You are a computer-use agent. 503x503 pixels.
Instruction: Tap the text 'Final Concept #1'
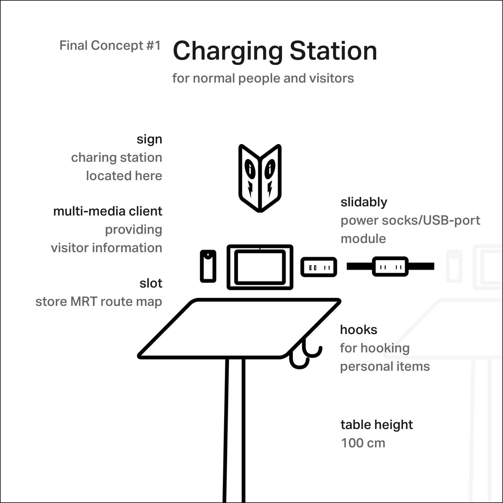pos(110,46)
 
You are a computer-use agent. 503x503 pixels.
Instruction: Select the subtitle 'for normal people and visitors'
pos(263,79)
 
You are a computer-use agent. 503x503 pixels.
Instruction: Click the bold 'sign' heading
pos(149,140)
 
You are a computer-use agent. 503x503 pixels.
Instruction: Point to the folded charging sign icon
pos(260,178)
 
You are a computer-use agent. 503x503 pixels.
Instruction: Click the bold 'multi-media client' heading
pos(107,211)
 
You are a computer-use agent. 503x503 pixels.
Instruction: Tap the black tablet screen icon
pos(260,267)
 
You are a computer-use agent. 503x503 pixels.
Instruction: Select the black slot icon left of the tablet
pos(208,266)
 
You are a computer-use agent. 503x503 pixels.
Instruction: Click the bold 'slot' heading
pos(151,283)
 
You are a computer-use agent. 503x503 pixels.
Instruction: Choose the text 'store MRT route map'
pos(99,302)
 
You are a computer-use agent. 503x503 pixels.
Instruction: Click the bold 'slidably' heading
pos(364,202)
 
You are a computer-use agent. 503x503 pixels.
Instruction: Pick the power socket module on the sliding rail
pos(390,267)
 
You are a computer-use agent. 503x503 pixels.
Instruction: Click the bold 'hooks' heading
pos(359,330)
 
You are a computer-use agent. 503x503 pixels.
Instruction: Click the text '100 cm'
pos(363,443)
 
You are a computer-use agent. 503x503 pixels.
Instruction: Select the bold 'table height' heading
pos(377,425)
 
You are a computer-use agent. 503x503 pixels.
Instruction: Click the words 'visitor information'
pos(106,248)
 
